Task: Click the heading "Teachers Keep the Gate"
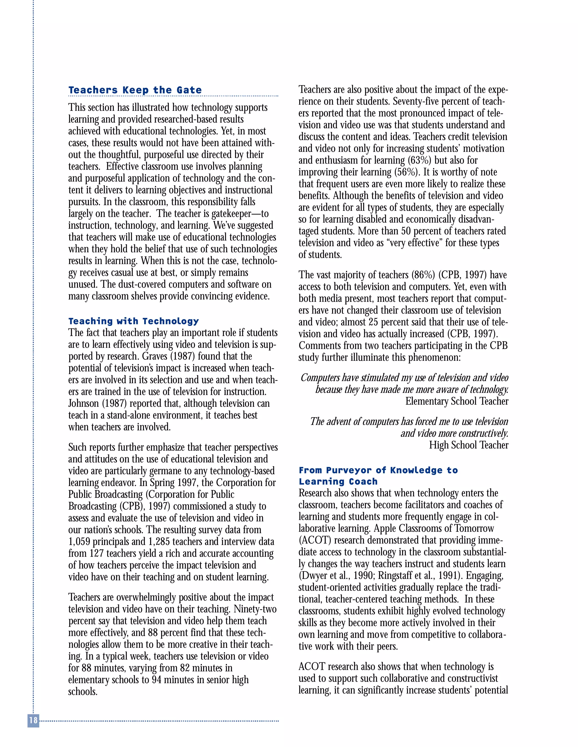135,90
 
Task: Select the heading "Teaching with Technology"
133,321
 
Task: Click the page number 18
33,720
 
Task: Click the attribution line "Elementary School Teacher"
457,401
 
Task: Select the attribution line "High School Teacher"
468,445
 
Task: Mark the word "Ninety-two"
255,609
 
